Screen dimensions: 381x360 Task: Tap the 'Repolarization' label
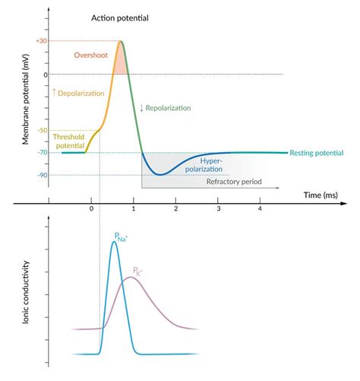(x=168, y=107)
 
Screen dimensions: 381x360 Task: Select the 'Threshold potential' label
(x=71, y=141)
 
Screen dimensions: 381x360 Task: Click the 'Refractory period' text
(x=232, y=183)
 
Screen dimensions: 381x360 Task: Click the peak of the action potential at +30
(x=121, y=41)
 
